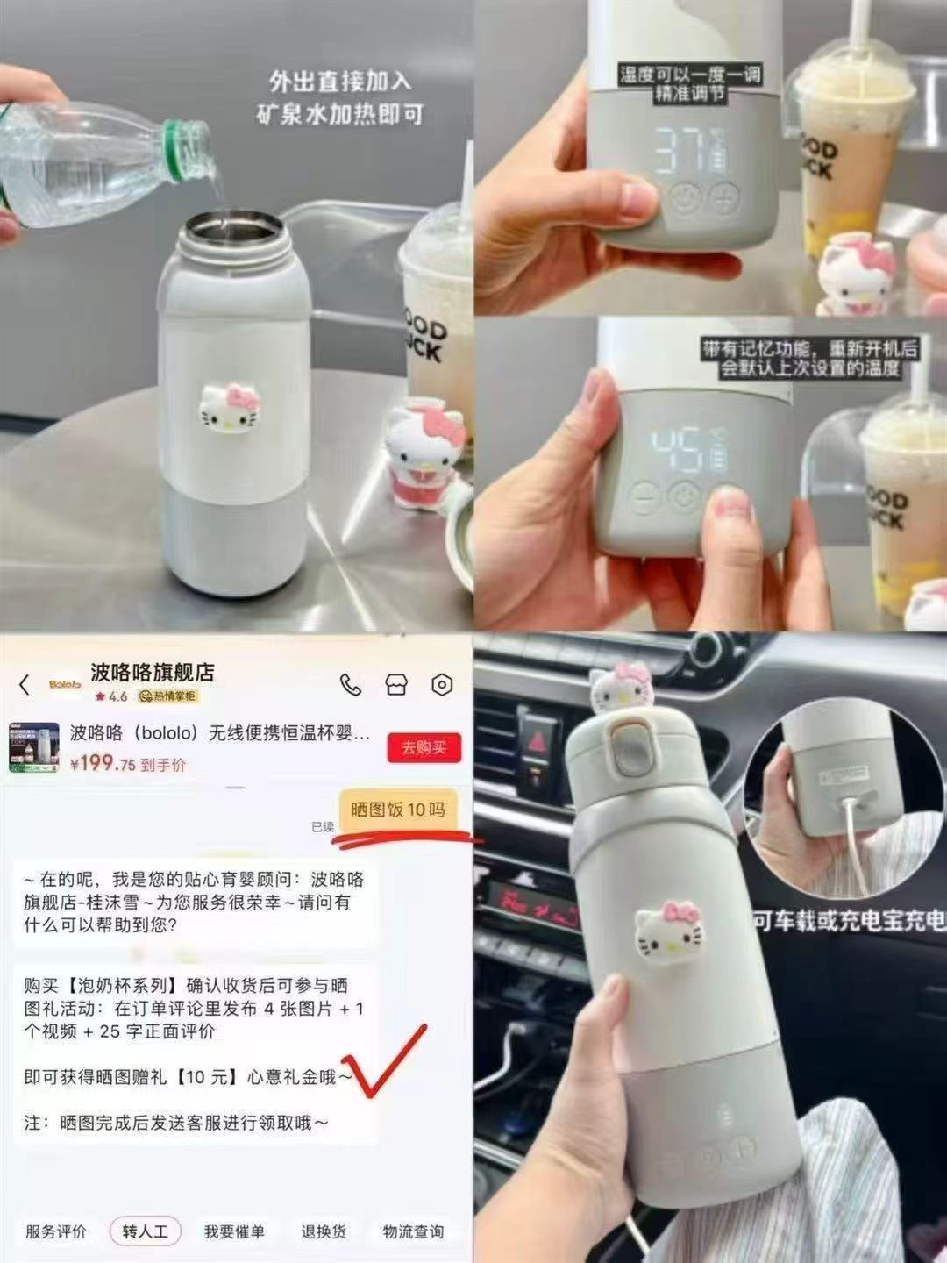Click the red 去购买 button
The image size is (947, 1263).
pyautogui.click(x=424, y=748)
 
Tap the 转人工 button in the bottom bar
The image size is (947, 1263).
pyautogui.click(x=145, y=1231)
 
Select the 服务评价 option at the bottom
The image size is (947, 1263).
pyautogui.click(x=56, y=1231)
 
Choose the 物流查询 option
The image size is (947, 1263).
pyautogui.click(x=413, y=1231)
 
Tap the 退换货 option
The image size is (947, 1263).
pyautogui.click(x=324, y=1231)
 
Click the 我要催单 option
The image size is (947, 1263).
pyautogui.click(x=234, y=1231)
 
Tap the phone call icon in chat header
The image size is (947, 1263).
pyautogui.click(x=351, y=685)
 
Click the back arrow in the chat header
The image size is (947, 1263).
pyautogui.click(x=25, y=685)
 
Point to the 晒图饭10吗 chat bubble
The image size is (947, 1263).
pyautogui.click(x=397, y=809)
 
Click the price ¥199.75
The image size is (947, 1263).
pyautogui.click(x=103, y=763)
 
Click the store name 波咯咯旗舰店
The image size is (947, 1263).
pyautogui.click(x=153, y=673)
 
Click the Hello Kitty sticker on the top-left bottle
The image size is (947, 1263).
pyautogui.click(x=229, y=407)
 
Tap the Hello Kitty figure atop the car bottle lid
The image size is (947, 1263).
pyautogui.click(x=622, y=686)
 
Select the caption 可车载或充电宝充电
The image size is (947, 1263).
pyautogui.click(x=849, y=920)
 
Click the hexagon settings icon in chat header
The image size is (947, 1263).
pyautogui.click(x=442, y=685)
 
